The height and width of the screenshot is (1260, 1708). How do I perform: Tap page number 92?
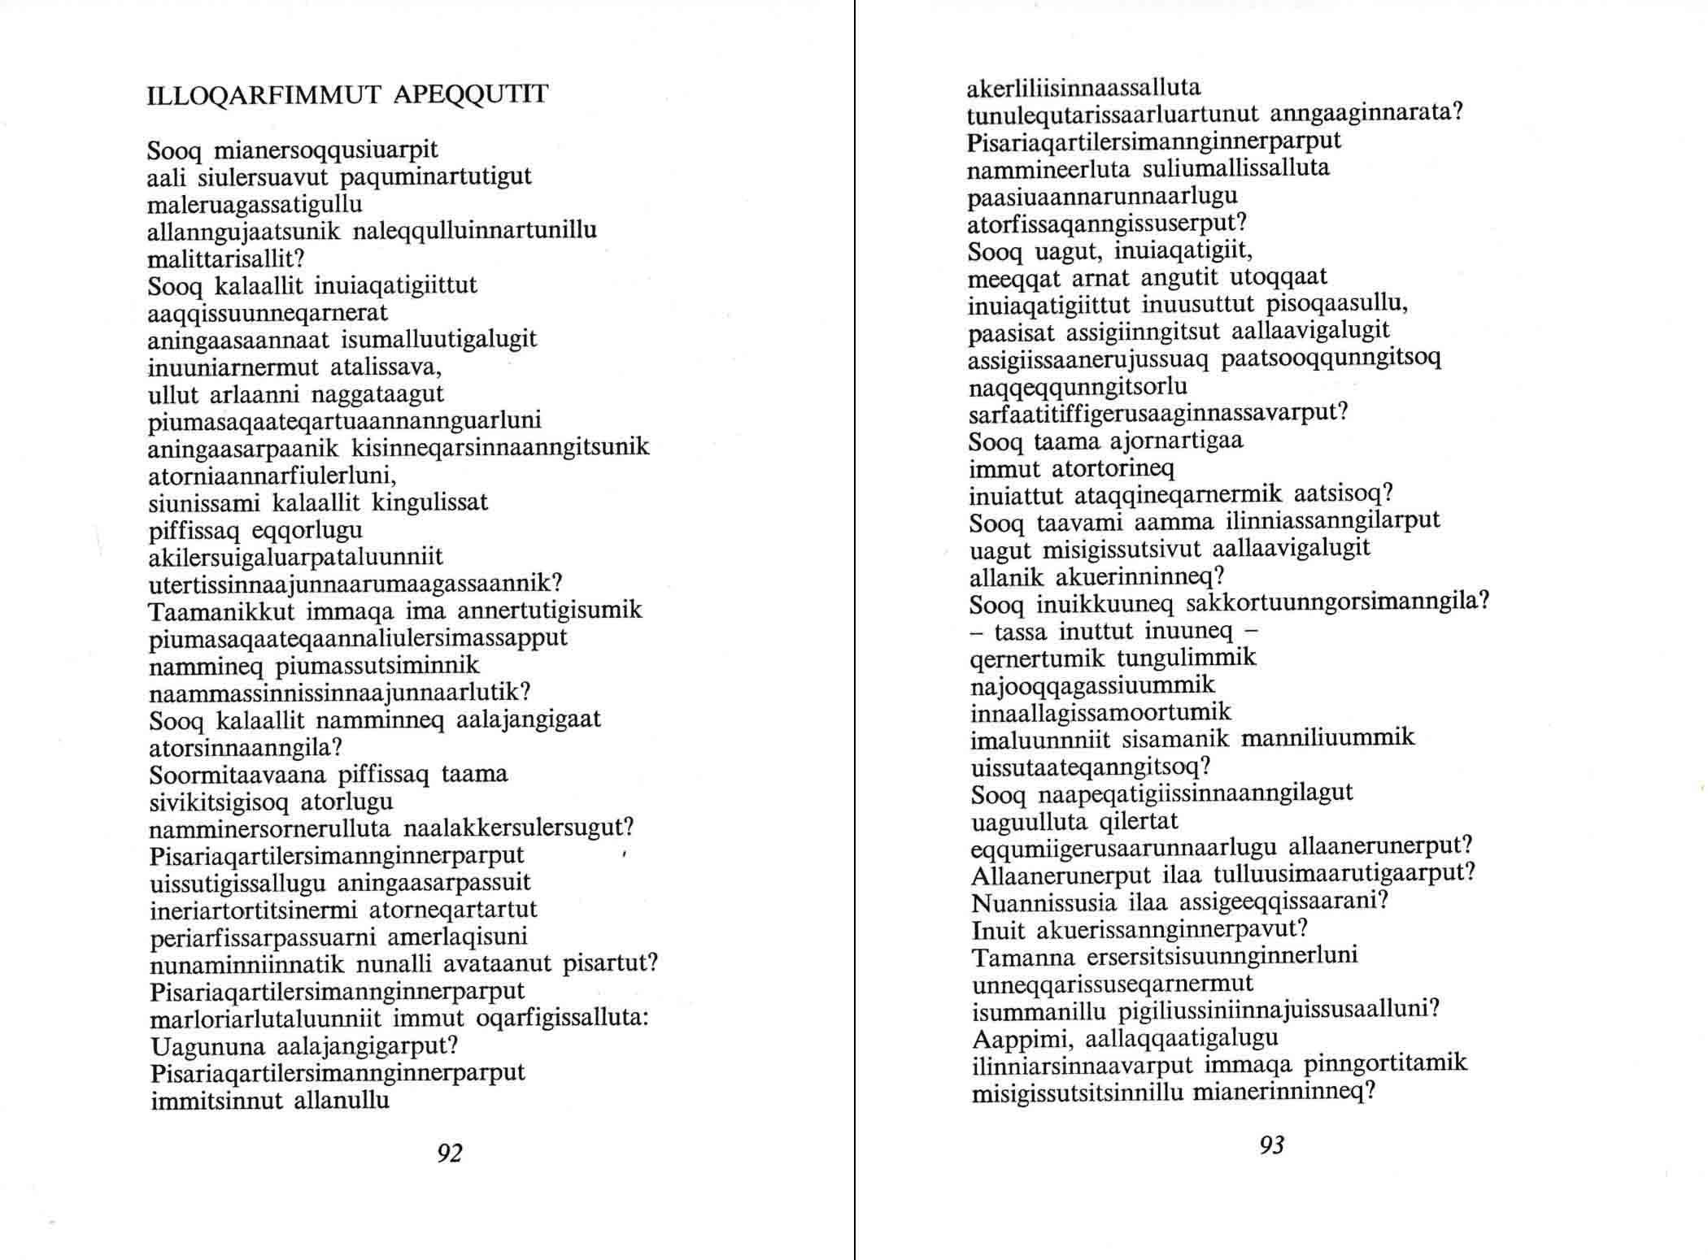[x=450, y=1153]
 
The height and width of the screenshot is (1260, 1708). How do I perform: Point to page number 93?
[x=1271, y=1145]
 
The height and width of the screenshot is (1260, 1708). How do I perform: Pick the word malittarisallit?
[x=224, y=259]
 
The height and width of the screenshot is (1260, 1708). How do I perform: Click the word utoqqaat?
[x=1279, y=277]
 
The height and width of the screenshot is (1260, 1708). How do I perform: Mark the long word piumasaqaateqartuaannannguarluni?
[x=345, y=422]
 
